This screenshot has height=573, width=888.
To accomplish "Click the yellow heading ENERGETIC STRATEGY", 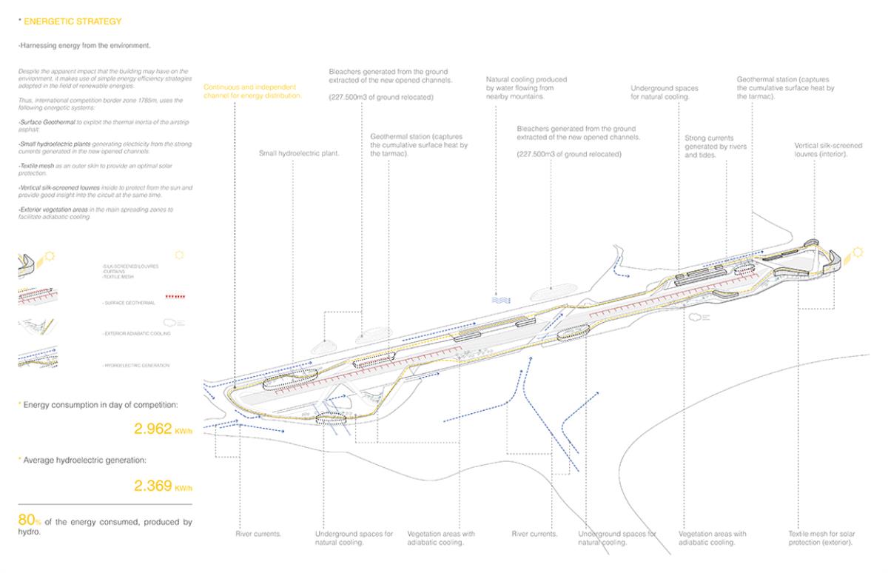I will coord(73,22).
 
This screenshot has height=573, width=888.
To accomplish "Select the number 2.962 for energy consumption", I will coord(153,429).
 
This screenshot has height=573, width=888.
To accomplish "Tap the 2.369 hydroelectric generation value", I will coord(153,486).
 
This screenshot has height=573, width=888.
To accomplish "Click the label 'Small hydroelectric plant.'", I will coord(298,154).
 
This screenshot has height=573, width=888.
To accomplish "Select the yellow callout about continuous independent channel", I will coord(252,91).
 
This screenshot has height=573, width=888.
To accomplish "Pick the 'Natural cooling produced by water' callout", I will coord(526,87).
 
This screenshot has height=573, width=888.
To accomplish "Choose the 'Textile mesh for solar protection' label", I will coord(821,538).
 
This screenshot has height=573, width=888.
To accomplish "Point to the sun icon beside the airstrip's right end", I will coord(858,253).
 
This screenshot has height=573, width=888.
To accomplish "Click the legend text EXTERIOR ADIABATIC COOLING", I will coord(138,334).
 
